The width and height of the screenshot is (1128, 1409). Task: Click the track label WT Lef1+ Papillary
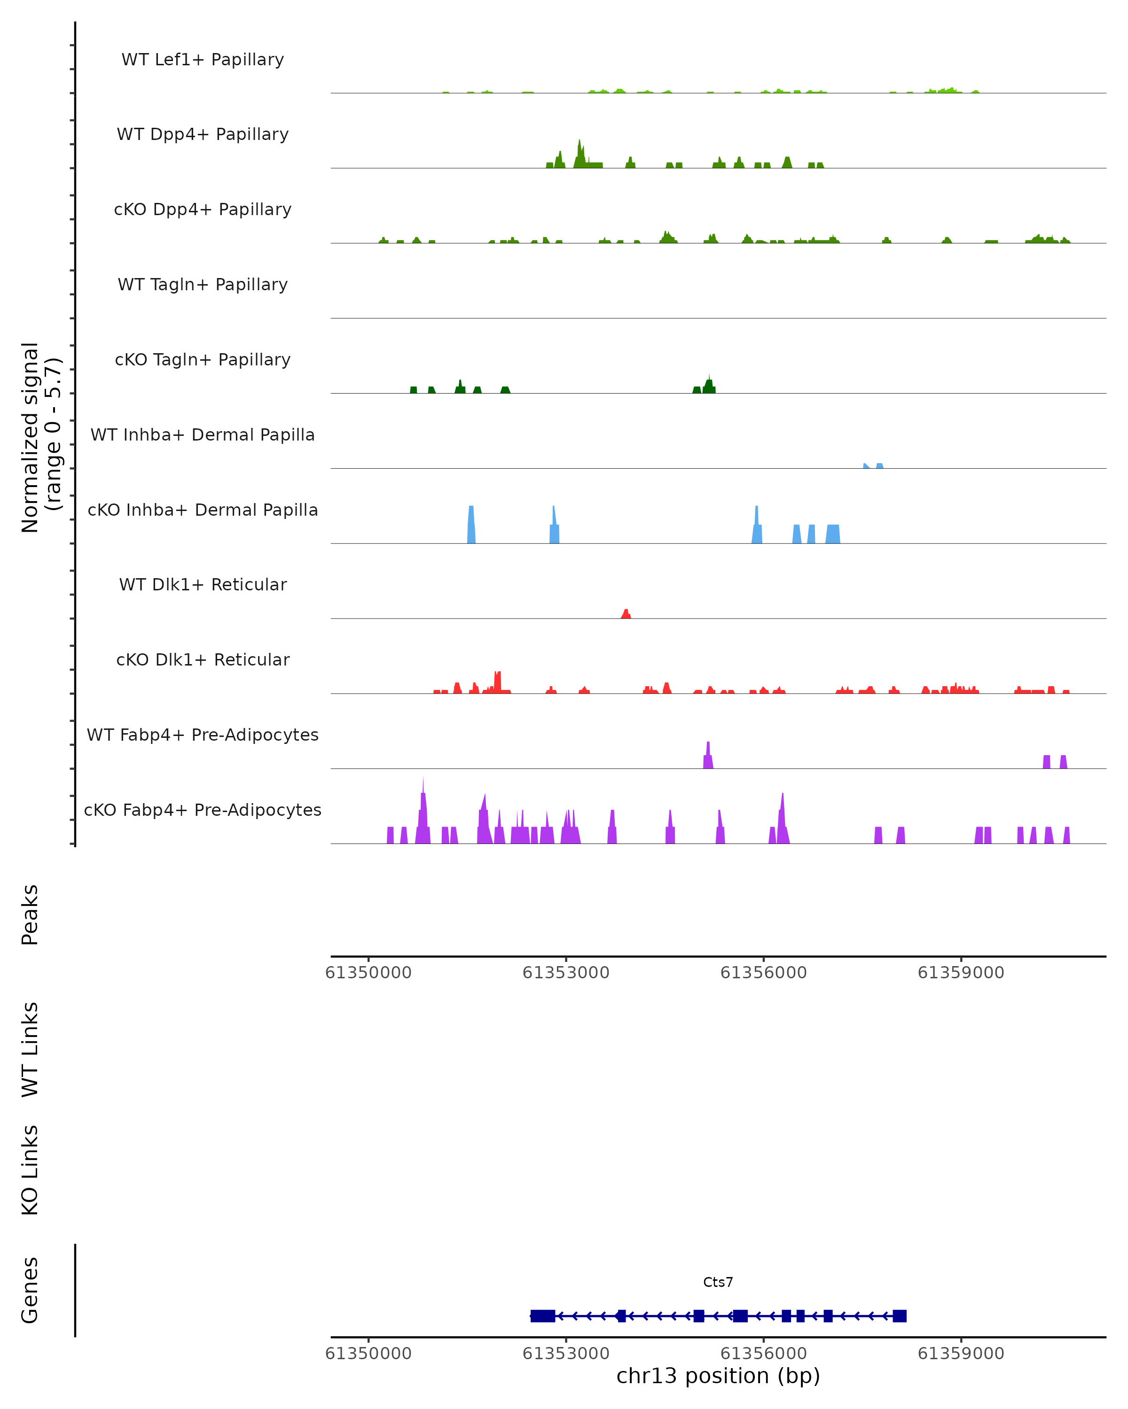coord(203,60)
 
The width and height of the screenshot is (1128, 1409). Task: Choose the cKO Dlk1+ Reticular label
coord(203,659)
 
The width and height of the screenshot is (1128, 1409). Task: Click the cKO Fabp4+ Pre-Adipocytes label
coord(203,810)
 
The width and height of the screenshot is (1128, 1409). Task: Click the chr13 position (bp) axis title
coord(717,1376)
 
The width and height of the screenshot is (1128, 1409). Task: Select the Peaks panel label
coord(30,914)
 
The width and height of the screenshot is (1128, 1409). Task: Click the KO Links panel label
coord(30,1170)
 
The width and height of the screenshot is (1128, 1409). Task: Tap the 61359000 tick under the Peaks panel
coord(961,973)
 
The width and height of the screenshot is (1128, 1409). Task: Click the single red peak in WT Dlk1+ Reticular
coord(626,614)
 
